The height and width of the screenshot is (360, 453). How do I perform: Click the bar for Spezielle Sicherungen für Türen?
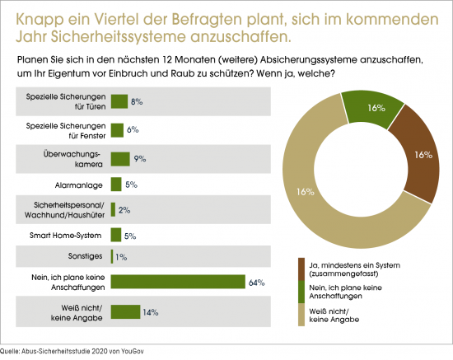[119, 101]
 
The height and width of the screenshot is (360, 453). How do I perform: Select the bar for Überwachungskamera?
[120, 158]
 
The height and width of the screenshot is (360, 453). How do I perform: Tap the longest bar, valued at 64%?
[178, 283]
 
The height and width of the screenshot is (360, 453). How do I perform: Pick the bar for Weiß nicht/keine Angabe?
[125, 311]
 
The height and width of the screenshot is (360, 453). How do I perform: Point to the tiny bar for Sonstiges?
[112, 257]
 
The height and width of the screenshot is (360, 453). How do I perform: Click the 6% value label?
[133, 129]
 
